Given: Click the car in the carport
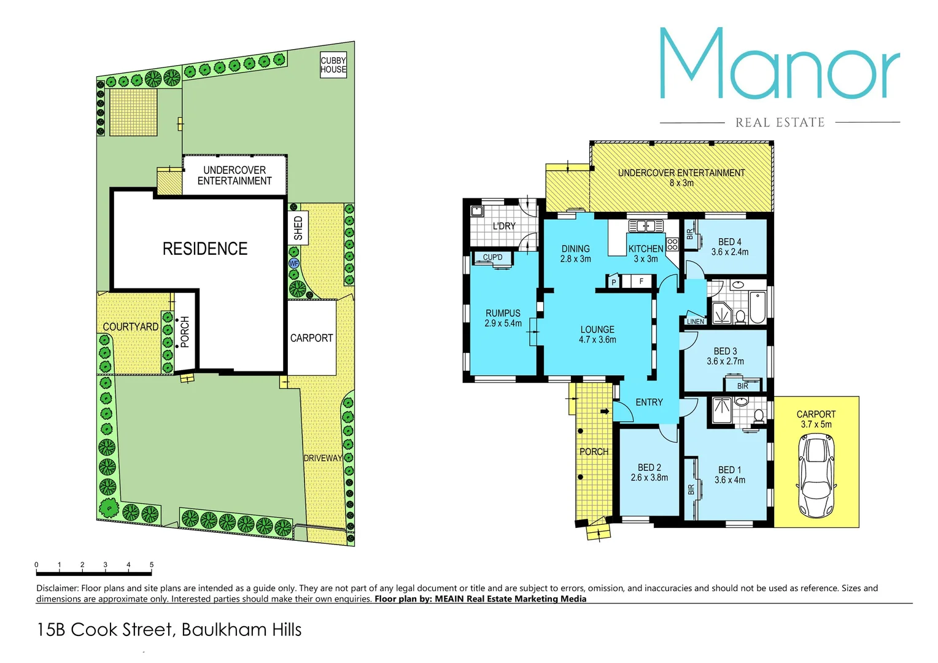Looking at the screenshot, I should pyautogui.click(x=816, y=476).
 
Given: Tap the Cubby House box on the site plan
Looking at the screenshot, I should pyautogui.click(x=333, y=64).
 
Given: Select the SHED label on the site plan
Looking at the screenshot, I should pyautogui.click(x=298, y=228).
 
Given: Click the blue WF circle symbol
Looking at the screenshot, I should pyautogui.click(x=294, y=263).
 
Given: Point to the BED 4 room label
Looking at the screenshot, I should pyautogui.click(x=730, y=242).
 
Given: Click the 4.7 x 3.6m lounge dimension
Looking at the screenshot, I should pyautogui.click(x=597, y=339).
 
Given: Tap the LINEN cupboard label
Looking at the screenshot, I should pyautogui.click(x=696, y=322).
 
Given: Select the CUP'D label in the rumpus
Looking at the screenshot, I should pyautogui.click(x=492, y=257).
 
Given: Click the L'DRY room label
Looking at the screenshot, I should pyautogui.click(x=504, y=226).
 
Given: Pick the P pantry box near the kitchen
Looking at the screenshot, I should pyautogui.click(x=613, y=282).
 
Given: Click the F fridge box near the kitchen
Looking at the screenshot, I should pyautogui.click(x=641, y=282).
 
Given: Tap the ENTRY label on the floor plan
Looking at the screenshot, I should pyautogui.click(x=649, y=402).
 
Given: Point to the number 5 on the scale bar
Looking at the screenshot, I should pyautogui.click(x=152, y=565).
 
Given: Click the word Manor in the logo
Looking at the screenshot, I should pyautogui.click(x=779, y=64).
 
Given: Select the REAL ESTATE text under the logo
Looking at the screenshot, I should pyautogui.click(x=780, y=123).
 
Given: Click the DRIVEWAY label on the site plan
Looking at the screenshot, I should pyautogui.click(x=323, y=458).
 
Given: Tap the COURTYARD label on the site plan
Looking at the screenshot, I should pyautogui.click(x=131, y=327).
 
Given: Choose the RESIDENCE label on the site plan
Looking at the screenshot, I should pyautogui.click(x=205, y=249).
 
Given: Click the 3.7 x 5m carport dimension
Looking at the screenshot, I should pyautogui.click(x=816, y=424).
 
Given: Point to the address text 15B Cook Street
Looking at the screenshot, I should pyautogui.click(x=105, y=630).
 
